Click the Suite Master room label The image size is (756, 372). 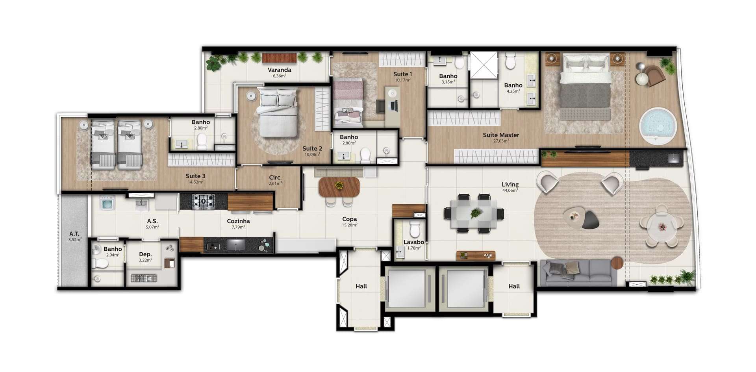click(x=501, y=135)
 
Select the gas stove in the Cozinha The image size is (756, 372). click(x=203, y=202)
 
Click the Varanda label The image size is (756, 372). click(x=279, y=70)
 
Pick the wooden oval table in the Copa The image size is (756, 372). click(x=339, y=187)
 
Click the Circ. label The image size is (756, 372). click(x=275, y=178)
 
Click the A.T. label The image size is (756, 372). click(x=74, y=234)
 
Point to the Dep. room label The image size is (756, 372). click(x=145, y=254)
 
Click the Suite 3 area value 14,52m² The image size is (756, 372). click(x=195, y=182)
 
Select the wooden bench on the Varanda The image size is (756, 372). click(x=279, y=57)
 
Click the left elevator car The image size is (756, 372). click(x=409, y=289)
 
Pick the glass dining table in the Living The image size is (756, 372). click(x=474, y=213)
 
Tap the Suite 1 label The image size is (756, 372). click(x=402, y=74)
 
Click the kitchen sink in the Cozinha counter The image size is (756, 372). click(x=235, y=245)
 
